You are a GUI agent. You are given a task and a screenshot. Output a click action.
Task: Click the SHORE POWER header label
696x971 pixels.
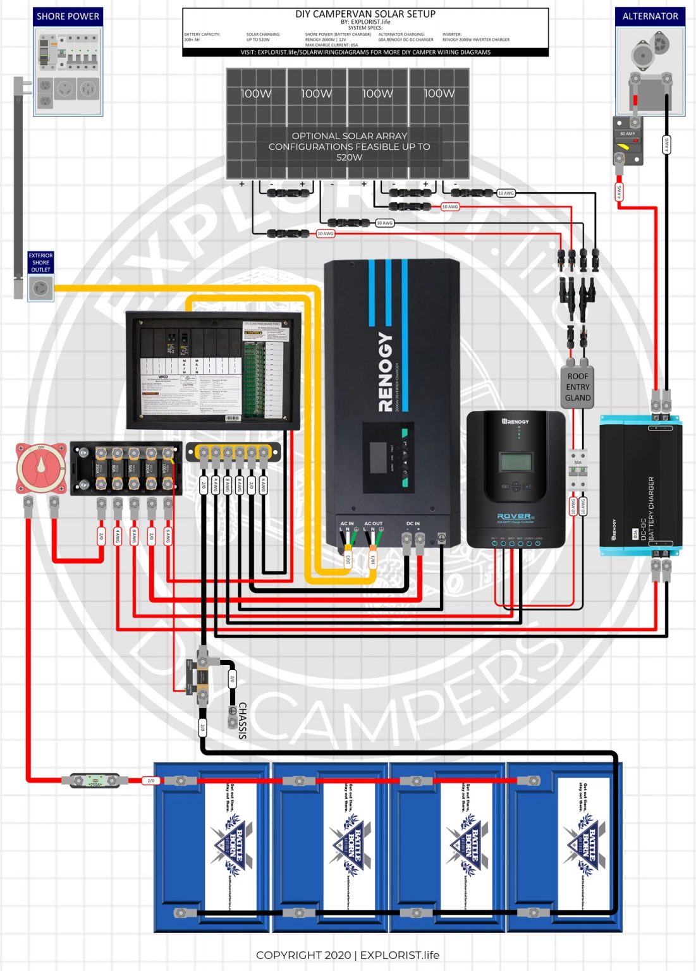(x=68, y=16)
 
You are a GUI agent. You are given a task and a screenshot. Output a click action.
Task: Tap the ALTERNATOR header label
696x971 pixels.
(x=650, y=16)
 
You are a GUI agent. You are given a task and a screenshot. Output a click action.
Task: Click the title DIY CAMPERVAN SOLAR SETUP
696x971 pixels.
(x=365, y=14)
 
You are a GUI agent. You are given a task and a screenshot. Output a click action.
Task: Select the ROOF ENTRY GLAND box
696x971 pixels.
(x=578, y=387)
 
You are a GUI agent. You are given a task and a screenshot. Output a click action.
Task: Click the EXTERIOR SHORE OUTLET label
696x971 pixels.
(x=40, y=262)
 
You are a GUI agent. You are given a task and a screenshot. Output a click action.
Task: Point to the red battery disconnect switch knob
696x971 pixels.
(x=41, y=468)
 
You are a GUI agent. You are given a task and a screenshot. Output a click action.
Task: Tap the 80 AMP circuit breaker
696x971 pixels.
(x=628, y=142)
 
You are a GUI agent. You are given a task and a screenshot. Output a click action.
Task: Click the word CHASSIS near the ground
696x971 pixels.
(x=242, y=720)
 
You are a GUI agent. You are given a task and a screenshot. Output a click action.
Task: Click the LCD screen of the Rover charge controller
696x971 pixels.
(x=516, y=461)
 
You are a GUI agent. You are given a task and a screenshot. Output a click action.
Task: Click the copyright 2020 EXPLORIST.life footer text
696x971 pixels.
(x=348, y=955)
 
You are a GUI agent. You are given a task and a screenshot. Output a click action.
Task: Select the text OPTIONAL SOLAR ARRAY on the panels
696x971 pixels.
(x=350, y=136)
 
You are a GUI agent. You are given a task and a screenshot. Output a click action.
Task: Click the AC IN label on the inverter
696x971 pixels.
(x=347, y=523)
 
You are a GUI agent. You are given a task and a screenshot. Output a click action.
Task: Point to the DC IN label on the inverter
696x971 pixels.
(x=413, y=523)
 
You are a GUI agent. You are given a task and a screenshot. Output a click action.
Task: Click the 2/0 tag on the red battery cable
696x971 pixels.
(x=150, y=781)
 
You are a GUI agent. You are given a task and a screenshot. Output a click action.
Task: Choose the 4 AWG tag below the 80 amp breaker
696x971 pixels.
(x=619, y=192)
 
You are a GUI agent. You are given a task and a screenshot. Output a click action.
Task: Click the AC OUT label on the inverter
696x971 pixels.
(x=373, y=523)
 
